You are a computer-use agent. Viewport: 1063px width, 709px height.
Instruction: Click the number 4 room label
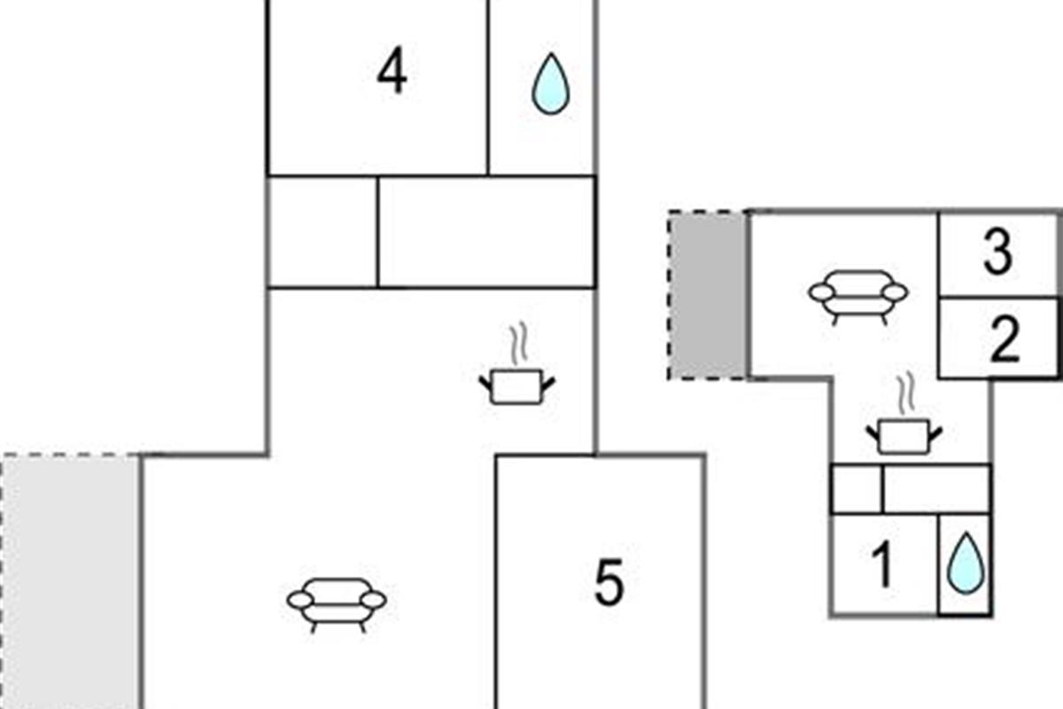tap(392, 70)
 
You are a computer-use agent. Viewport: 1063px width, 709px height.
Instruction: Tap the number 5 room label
tap(609, 582)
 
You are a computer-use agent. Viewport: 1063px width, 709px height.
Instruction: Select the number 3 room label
tap(998, 252)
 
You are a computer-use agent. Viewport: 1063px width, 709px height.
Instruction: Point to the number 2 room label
tap(1005, 339)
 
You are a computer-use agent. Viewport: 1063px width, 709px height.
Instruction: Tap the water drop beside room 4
tap(550, 83)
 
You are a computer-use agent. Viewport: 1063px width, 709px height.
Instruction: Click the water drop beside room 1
tap(966, 563)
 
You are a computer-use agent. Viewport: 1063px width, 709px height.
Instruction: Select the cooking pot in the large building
tap(516, 386)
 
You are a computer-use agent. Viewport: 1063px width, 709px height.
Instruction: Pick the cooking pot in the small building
tap(904, 436)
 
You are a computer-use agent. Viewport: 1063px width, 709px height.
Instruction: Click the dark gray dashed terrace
tap(708, 295)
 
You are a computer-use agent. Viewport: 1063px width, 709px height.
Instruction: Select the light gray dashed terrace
tap(70, 581)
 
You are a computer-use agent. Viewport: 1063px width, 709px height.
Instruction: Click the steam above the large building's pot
tap(519, 343)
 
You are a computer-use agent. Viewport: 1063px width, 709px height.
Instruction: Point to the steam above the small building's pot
tap(906, 393)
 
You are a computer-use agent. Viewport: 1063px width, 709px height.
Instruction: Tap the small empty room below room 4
tap(322, 231)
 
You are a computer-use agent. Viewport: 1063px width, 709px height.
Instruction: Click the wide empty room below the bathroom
tap(486, 231)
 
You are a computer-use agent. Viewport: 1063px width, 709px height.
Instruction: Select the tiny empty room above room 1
tap(857, 489)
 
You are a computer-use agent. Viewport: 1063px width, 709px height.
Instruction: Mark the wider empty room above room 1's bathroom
tap(937, 489)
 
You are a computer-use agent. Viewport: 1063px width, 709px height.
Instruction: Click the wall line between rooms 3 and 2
tap(998, 297)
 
